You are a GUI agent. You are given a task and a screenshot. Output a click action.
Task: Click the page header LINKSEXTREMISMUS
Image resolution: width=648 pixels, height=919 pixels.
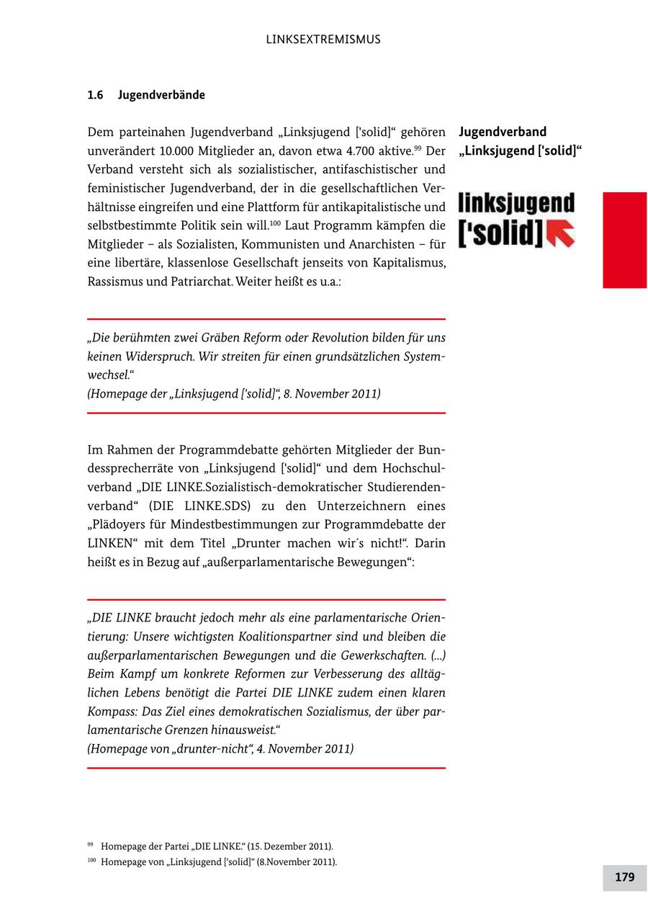(323, 40)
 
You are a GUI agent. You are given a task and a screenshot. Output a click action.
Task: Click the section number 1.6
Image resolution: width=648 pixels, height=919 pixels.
(95, 95)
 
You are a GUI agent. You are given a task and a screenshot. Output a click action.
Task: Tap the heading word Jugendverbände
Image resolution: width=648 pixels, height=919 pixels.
(161, 95)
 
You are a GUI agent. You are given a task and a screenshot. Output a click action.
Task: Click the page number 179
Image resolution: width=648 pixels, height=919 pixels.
(624, 877)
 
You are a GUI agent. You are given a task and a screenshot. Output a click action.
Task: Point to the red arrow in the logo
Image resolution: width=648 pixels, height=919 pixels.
(561, 233)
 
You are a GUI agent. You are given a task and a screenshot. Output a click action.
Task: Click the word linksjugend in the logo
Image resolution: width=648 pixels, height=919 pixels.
(516, 204)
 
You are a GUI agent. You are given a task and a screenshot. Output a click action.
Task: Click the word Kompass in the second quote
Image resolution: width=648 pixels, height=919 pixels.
(112, 712)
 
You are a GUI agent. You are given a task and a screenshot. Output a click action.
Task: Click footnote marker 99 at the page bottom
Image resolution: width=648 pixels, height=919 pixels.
(91, 845)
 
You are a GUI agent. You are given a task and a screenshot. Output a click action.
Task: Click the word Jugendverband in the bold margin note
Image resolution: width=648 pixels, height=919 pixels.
(503, 132)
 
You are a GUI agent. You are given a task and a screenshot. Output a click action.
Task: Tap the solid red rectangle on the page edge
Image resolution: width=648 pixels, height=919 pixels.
(624, 240)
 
